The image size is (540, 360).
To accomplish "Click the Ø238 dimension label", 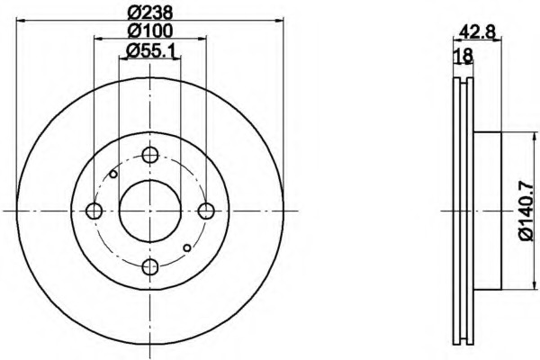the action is pyautogui.click(x=149, y=13).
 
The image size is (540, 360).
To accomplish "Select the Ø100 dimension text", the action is pyautogui.click(x=149, y=31).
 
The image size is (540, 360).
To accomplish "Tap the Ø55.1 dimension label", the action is pyautogui.click(x=151, y=51).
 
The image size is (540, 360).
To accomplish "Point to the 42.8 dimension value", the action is pyautogui.click(x=477, y=33).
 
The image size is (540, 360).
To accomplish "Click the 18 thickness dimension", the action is pyautogui.click(x=463, y=56).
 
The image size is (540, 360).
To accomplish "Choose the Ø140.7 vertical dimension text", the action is pyautogui.click(x=526, y=211).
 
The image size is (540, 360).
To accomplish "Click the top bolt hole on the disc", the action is pyautogui.click(x=150, y=155).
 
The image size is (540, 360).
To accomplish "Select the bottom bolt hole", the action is pyautogui.click(x=150, y=266).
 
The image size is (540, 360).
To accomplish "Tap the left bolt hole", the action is pyautogui.click(x=94, y=211).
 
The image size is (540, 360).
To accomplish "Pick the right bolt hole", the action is pyautogui.click(x=206, y=211).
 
